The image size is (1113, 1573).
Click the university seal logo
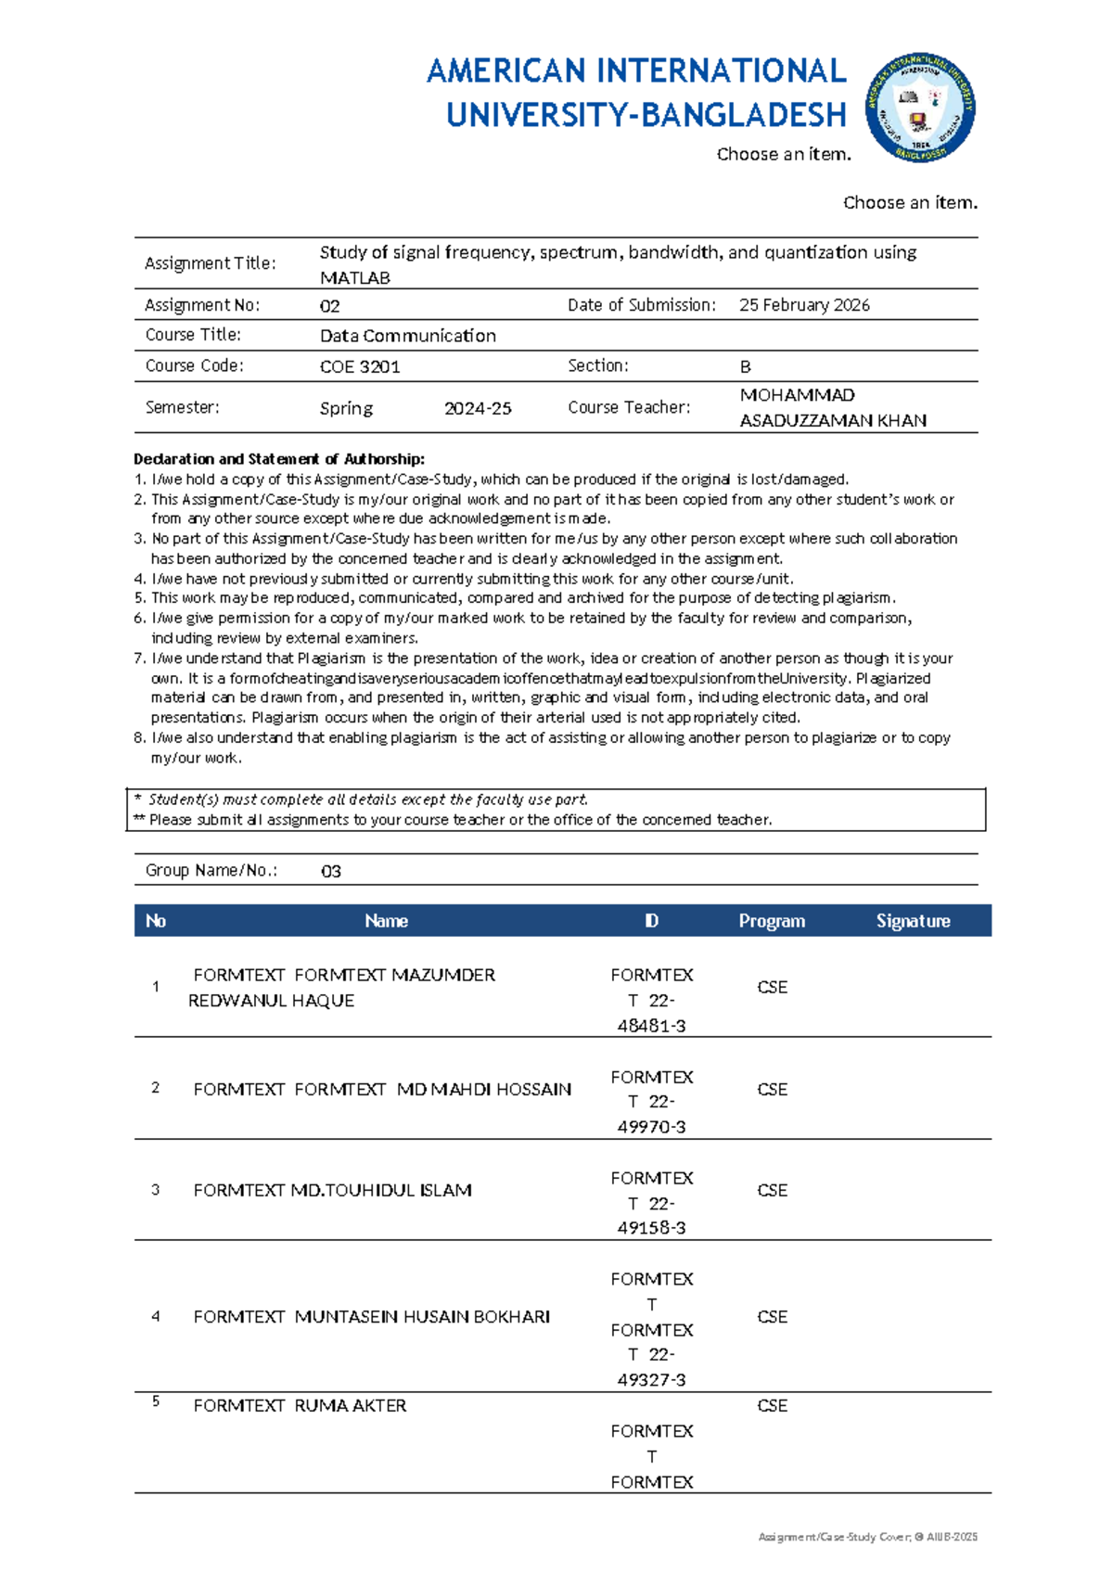(919, 108)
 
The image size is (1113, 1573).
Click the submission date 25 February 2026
(804, 305)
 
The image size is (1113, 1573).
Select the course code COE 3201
(360, 366)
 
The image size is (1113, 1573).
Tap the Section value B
(745, 366)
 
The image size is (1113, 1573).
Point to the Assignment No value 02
(329, 306)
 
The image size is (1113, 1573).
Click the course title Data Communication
(407, 336)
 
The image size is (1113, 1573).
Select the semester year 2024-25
(478, 408)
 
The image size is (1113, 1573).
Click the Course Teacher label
(629, 407)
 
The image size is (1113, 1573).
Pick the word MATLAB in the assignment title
(354, 278)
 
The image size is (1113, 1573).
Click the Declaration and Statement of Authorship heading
(279, 459)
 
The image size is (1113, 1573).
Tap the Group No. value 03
(330, 871)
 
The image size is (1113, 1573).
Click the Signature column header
(913, 921)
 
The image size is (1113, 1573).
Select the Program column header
(772, 921)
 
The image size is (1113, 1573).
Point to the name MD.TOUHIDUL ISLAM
(381, 1190)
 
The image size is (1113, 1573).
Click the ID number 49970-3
(651, 1127)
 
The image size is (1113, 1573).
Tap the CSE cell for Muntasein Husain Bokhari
(772, 1317)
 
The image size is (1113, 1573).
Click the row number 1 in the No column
(155, 987)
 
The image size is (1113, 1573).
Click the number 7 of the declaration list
(139, 659)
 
